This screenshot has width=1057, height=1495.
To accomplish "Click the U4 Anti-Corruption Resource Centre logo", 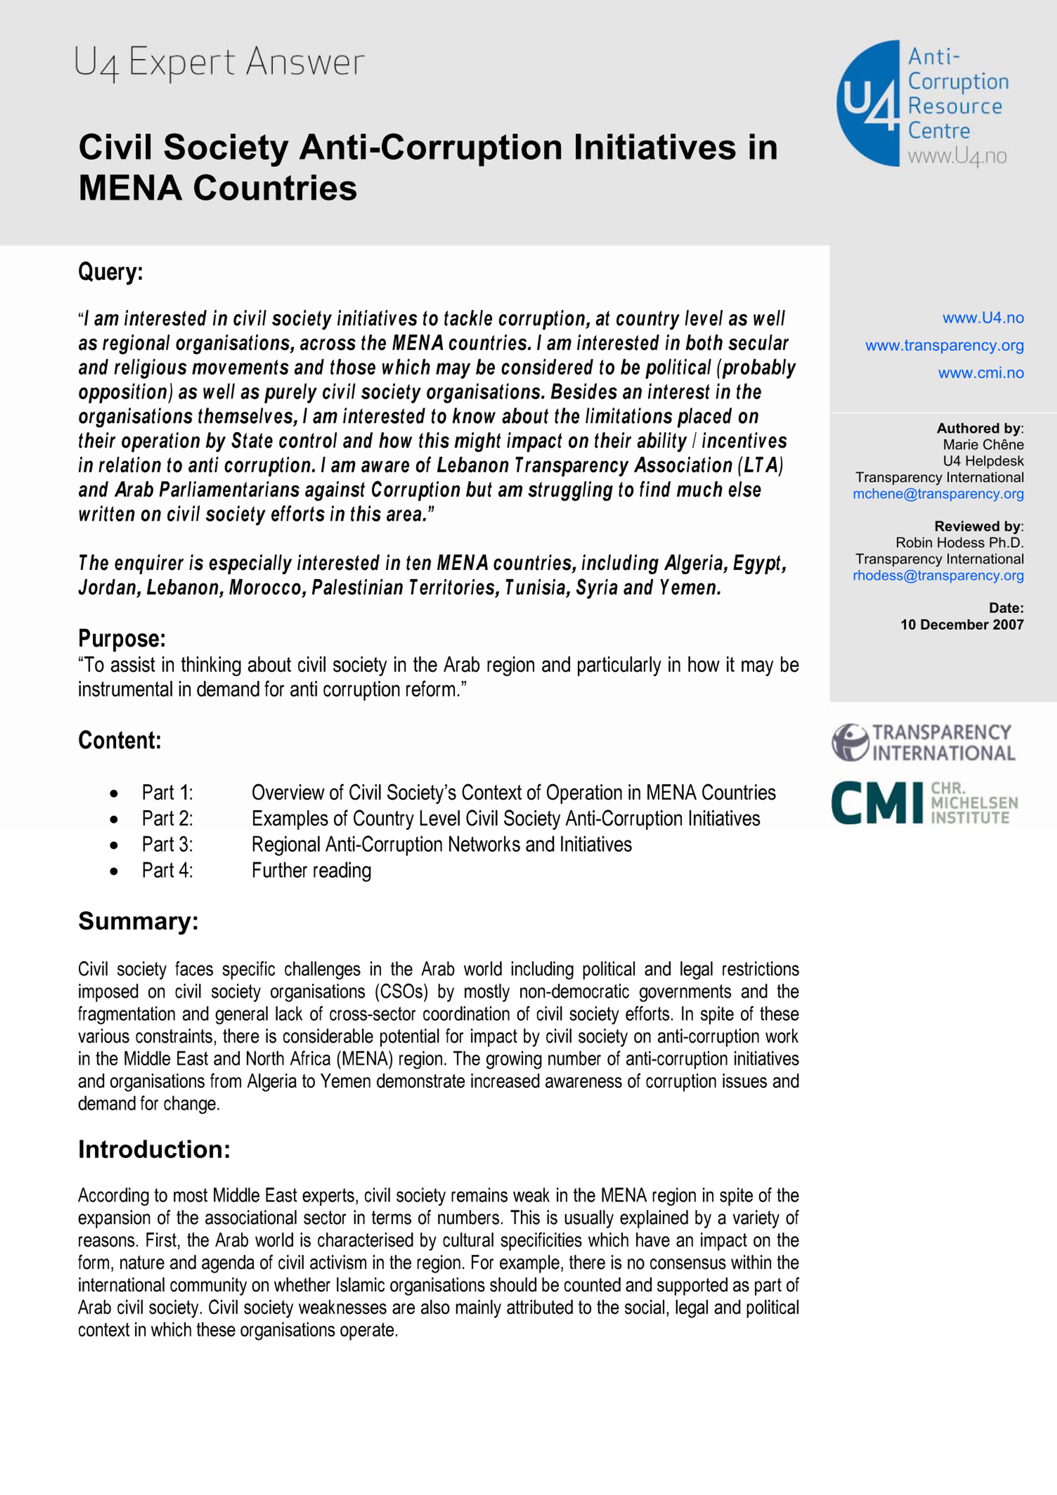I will click(922, 104).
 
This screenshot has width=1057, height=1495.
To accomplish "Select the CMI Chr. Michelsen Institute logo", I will click(924, 803).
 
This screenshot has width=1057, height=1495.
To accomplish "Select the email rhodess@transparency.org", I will click(938, 576).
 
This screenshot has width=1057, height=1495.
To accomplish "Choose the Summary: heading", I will click(138, 921).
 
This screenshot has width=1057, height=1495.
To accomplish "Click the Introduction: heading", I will click(154, 1149).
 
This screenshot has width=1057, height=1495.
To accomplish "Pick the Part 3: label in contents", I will click(167, 844).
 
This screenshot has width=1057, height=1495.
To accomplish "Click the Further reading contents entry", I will click(311, 871).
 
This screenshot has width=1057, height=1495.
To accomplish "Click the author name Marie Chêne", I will click(983, 445).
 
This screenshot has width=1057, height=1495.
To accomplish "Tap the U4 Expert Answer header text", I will click(219, 63).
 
